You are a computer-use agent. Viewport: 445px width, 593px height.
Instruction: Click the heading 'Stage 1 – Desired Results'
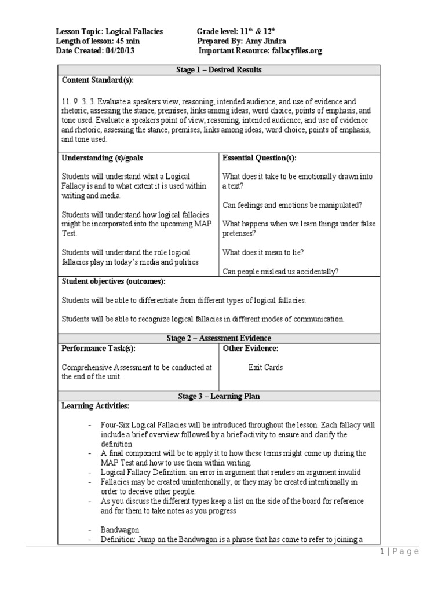218,70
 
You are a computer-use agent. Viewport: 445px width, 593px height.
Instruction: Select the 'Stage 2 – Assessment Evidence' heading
218,338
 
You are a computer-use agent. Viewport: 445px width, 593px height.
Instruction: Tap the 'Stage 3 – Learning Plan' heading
218,396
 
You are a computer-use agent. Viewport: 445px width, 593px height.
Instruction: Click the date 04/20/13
123,51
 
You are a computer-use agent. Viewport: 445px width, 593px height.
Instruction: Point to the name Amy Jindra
266,41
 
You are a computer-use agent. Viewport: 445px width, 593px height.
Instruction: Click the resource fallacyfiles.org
295,51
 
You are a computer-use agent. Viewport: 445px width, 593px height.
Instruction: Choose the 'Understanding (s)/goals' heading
102,158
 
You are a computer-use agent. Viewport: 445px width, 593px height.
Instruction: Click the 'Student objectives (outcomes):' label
114,281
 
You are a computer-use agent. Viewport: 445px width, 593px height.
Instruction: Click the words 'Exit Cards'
265,368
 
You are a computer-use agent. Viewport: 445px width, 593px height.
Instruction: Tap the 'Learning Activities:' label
96,406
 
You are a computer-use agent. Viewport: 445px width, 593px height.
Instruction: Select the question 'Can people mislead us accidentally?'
281,272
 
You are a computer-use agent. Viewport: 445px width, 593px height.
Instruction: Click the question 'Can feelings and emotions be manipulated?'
291,205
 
